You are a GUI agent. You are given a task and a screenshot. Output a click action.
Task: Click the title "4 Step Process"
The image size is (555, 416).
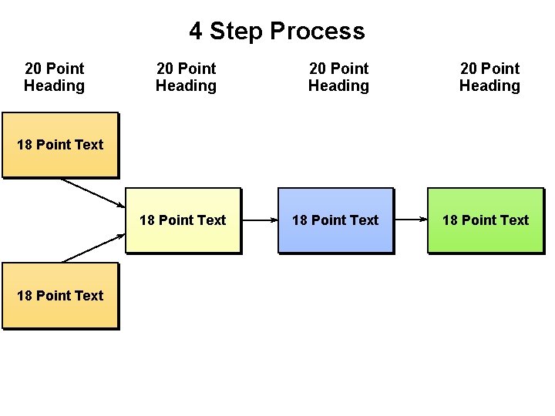click(x=277, y=32)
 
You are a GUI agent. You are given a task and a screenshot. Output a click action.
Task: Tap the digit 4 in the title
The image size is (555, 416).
click(x=196, y=32)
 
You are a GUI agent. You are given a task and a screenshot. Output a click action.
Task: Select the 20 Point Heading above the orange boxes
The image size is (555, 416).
click(x=54, y=77)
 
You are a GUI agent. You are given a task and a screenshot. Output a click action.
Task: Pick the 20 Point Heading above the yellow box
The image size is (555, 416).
click(x=186, y=77)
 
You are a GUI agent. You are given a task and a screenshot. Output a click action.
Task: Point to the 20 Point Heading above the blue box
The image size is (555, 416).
click(x=338, y=77)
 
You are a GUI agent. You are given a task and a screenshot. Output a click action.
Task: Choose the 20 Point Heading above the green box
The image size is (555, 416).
click(x=489, y=77)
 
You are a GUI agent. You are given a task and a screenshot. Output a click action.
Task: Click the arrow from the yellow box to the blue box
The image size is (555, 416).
click(x=259, y=220)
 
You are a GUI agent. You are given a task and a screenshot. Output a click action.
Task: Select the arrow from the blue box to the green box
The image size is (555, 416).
click(x=410, y=220)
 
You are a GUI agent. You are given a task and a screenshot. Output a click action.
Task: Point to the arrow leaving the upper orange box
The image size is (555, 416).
click(x=92, y=193)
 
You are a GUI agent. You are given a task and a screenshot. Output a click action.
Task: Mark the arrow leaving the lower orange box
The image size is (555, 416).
click(x=92, y=248)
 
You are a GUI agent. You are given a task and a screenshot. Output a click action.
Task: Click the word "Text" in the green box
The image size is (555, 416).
click(x=514, y=220)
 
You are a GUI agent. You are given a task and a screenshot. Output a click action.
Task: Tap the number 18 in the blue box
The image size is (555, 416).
click(x=300, y=220)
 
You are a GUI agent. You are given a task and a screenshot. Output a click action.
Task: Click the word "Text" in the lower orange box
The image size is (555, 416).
click(x=89, y=296)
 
